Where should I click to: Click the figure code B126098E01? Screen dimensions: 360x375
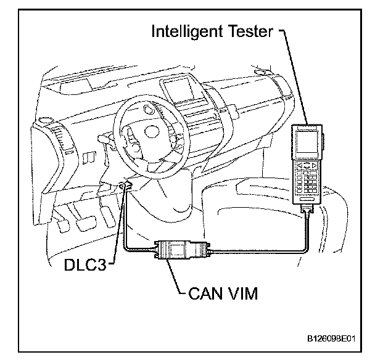click(x=330, y=339)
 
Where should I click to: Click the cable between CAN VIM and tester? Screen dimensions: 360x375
click(x=259, y=251)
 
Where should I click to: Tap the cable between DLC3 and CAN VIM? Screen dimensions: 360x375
click(x=126, y=228)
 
